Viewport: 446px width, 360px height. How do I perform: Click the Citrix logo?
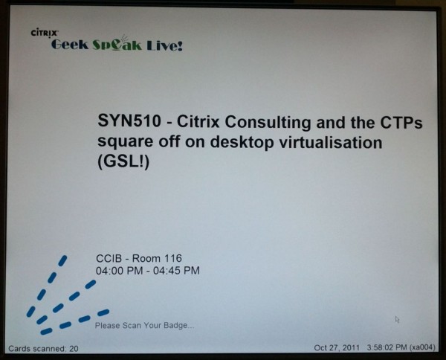click(x=45, y=33)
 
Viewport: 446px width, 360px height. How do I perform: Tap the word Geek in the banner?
click(x=70, y=45)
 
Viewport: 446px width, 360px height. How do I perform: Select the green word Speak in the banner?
click(x=117, y=45)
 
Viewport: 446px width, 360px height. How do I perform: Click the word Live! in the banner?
click(x=165, y=45)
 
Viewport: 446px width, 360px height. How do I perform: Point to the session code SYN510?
click(x=129, y=120)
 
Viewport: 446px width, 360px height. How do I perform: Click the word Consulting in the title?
click(x=268, y=123)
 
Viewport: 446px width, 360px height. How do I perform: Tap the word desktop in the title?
click(x=242, y=143)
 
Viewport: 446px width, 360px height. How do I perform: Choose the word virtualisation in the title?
click(x=330, y=142)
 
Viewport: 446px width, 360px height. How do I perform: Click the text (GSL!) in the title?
click(x=123, y=162)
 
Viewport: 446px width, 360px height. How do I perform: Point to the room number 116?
click(x=173, y=258)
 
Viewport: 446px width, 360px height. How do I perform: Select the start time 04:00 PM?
click(x=119, y=271)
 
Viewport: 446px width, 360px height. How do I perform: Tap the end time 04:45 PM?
click(x=176, y=271)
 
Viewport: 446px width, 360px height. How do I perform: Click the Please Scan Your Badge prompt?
click(x=144, y=325)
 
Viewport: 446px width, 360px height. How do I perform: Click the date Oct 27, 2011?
click(x=337, y=348)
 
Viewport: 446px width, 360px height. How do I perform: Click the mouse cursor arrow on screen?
click(x=397, y=319)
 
